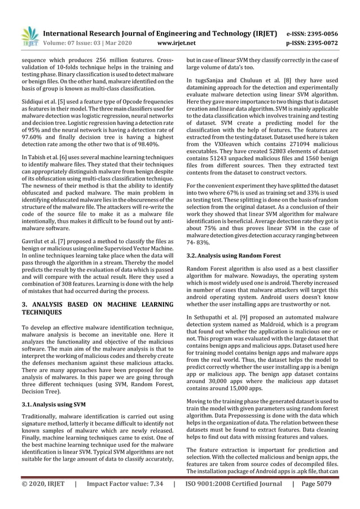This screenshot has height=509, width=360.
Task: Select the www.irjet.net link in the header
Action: coord(178,42)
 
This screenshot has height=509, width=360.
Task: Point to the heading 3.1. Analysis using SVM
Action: coord(54,404)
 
